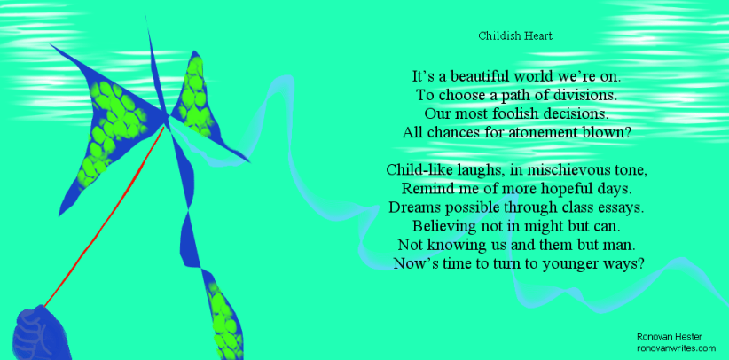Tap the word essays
tap(617, 207)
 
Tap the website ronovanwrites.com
tap(676, 349)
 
